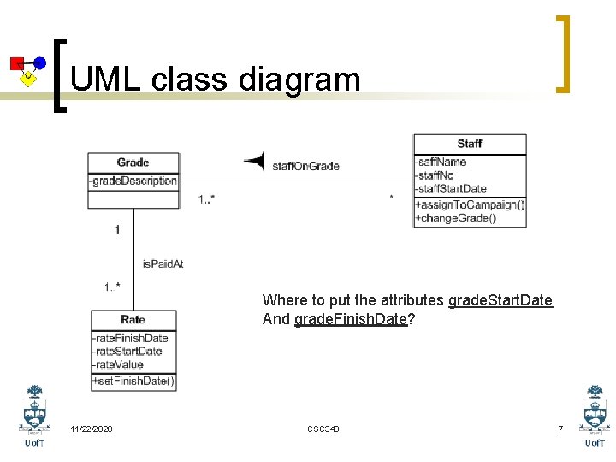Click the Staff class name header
coord(470,144)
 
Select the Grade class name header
coord(133,163)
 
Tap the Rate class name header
coord(133,320)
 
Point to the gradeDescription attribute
coord(133,181)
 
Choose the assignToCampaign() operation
coord(470,205)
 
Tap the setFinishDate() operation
coord(133,382)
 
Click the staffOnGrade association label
coord(306,165)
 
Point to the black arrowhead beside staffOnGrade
coord(254,160)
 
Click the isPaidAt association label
coord(163,264)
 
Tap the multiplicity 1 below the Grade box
coord(117,229)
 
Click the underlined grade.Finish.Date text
coord(350,320)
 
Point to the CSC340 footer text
coord(323,429)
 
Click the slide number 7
coord(560,429)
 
